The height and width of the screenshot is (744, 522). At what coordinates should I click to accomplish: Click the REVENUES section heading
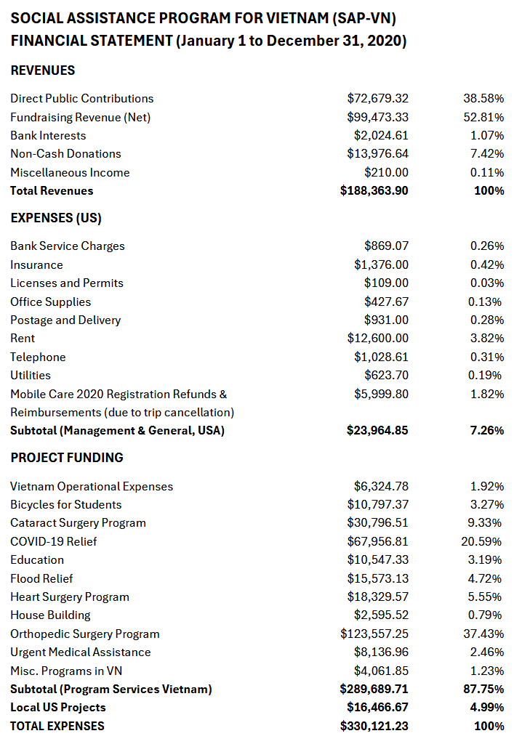coord(43,70)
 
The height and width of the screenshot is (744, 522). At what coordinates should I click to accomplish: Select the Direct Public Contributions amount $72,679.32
coord(377,98)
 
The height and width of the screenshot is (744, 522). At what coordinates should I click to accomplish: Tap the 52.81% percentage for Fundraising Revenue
coord(483,117)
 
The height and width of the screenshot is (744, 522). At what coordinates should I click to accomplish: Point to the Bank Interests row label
coord(48,135)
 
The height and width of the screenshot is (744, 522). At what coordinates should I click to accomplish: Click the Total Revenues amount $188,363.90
coord(374,190)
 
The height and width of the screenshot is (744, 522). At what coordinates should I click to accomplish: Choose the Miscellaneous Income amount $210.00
coord(386,172)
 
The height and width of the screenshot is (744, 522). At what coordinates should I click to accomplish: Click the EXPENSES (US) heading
coord(56,218)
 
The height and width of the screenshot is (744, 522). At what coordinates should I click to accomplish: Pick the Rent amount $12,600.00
coord(377,338)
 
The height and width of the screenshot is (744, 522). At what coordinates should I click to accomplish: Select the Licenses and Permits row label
coord(67,283)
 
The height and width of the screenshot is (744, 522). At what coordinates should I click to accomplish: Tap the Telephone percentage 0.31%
coord(486,357)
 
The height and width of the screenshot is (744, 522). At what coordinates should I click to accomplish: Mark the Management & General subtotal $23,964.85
coord(377,430)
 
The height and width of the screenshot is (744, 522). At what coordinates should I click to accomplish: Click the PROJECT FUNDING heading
coord(67,458)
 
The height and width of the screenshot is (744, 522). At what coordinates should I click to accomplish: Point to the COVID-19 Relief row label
coord(53,541)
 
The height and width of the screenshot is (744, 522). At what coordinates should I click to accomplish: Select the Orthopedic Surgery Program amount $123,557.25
coord(374,634)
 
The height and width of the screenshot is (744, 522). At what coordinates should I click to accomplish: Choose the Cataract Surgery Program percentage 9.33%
coord(486,522)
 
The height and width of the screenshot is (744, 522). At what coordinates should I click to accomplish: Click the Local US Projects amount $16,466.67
coord(377,707)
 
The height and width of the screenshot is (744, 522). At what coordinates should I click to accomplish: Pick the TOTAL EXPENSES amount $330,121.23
coord(374,726)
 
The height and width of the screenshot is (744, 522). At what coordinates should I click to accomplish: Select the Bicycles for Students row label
coord(66,504)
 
